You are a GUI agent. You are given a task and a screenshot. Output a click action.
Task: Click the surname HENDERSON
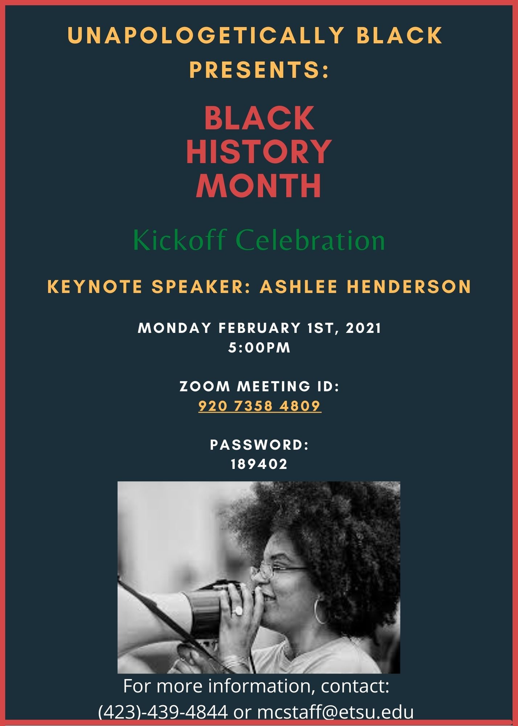coord(409,286)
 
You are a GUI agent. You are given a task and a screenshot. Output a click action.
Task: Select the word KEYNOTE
coord(95,286)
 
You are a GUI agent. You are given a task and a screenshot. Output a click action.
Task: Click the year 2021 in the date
coord(363,328)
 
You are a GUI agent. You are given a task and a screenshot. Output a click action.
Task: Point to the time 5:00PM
coord(259,347)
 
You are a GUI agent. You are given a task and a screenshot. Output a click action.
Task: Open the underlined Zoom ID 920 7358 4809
coord(260,406)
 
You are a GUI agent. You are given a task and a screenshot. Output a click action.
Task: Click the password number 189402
coord(259,464)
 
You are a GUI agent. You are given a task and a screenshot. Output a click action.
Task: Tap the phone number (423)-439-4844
coord(163,712)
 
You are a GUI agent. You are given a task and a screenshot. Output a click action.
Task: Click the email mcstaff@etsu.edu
coord(336,712)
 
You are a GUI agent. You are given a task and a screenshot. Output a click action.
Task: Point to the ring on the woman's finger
coord(238,611)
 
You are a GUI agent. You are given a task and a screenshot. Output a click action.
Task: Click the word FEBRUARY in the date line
coord(259,328)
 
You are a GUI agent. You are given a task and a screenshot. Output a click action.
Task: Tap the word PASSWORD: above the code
coord(259,445)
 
